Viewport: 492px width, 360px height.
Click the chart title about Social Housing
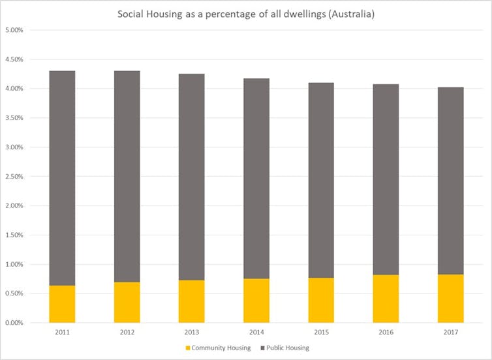245,14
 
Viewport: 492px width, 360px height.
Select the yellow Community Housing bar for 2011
62,304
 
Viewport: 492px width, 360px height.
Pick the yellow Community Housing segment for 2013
191,301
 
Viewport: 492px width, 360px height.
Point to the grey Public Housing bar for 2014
256,179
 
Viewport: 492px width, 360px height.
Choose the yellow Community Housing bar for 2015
321,300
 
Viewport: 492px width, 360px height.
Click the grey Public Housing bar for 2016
386,179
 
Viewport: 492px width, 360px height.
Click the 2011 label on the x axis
62,332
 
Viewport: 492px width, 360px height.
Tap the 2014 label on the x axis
256,332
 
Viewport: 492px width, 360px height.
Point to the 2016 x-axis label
386,332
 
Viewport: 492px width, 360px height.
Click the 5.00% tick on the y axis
14,30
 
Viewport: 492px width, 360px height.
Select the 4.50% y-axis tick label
14,59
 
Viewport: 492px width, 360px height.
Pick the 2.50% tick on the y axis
14,176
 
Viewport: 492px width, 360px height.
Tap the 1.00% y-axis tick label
14,264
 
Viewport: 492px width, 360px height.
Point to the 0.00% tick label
14,323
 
